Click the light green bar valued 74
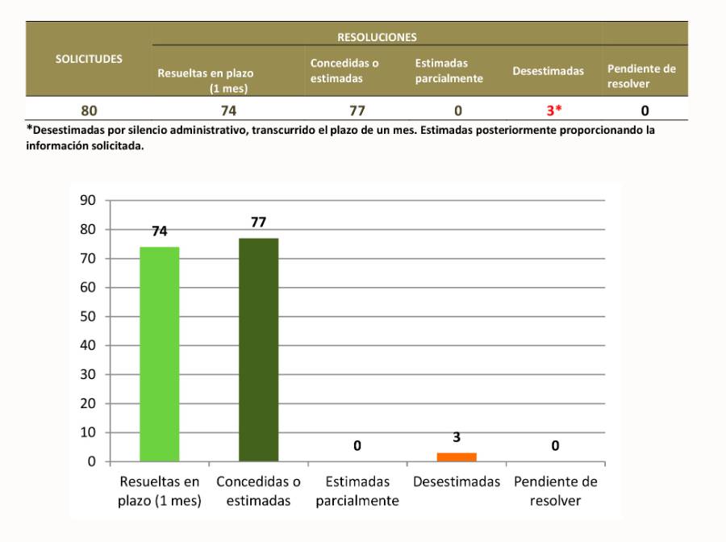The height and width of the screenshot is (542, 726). coord(160,354)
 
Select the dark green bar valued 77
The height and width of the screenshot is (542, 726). coord(258,350)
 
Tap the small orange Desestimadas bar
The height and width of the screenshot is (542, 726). coord(457,457)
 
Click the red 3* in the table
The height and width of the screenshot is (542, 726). coord(553,110)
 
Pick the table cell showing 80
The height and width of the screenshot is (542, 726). coord(89,110)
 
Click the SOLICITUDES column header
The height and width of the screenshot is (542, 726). coord(89,59)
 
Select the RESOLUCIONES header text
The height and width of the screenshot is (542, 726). coord(377,37)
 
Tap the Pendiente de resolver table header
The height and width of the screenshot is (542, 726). coord(641,76)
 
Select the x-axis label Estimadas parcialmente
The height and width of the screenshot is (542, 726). coord(357,491)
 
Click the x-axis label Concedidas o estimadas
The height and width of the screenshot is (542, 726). coord(258,491)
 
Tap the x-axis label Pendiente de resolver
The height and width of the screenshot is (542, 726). coord(556,491)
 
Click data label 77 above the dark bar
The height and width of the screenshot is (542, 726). coord(258,222)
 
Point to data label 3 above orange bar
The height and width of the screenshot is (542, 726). coord(457,437)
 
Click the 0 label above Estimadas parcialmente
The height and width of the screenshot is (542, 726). coord(357,446)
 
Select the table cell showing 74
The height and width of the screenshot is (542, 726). coord(229,110)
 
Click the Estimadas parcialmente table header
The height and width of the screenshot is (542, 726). coord(449,71)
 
